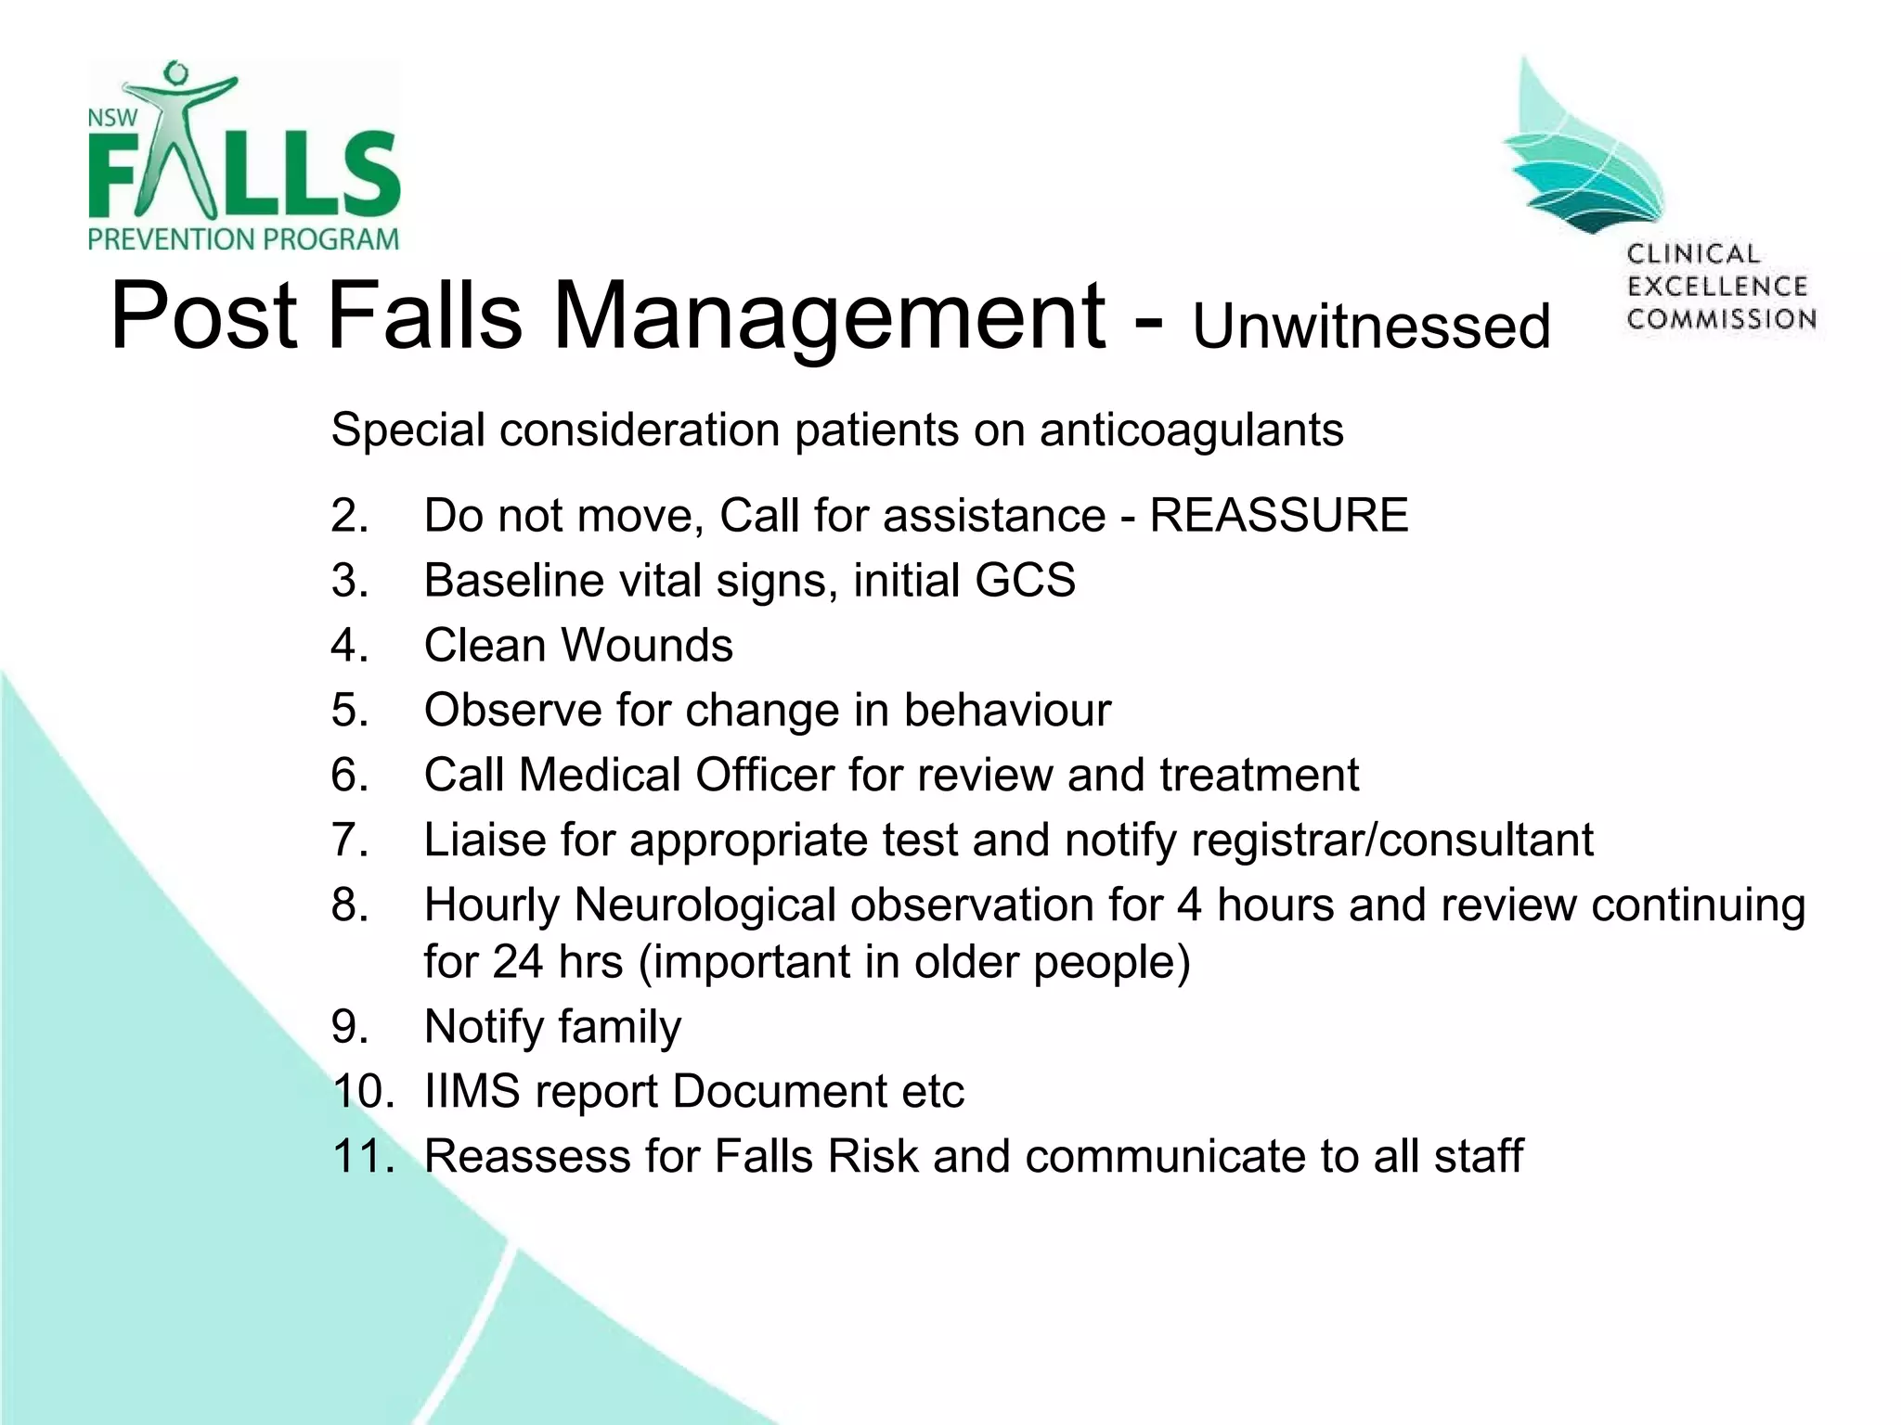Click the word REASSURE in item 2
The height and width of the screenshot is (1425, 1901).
coord(1278,516)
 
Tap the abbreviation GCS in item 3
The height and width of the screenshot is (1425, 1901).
coord(1025,581)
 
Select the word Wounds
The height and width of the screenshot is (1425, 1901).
coord(647,646)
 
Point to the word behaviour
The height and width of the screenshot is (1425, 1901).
coord(1007,711)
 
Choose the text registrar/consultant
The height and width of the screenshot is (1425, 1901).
coord(1391,841)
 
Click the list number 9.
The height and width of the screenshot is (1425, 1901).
coord(349,1027)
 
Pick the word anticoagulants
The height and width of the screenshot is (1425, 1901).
coord(1191,430)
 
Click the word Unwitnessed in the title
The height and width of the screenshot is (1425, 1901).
coord(1371,327)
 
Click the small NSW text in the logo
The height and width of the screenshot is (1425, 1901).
coord(112,119)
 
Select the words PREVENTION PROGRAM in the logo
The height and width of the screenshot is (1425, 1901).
coord(243,239)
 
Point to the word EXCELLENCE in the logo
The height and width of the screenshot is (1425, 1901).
coord(1717,287)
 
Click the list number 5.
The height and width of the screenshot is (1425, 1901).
coord(349,711)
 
